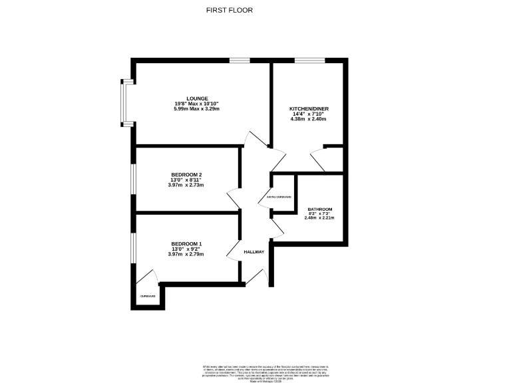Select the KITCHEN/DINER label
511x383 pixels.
click(307, 108)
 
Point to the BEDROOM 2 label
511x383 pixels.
click(186, 174)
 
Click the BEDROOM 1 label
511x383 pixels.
click(186, 243)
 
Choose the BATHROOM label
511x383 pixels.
click(319, 209)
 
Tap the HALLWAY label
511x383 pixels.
click(254, 252)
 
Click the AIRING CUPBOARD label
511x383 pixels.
click(279, 197)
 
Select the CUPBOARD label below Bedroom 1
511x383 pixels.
click(147, 296)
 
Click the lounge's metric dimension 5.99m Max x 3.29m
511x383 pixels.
click(196, 109)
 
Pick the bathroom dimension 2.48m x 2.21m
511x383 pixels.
click(319, 218)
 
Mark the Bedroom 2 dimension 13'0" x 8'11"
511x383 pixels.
click(186, 180)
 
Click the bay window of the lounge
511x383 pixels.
click(124, 103)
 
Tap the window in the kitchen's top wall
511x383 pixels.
click(305, 61)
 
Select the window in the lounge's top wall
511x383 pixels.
click(240, 61)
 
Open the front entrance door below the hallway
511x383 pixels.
click(265, 279)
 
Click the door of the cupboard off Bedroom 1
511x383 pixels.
click(149, 277)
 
